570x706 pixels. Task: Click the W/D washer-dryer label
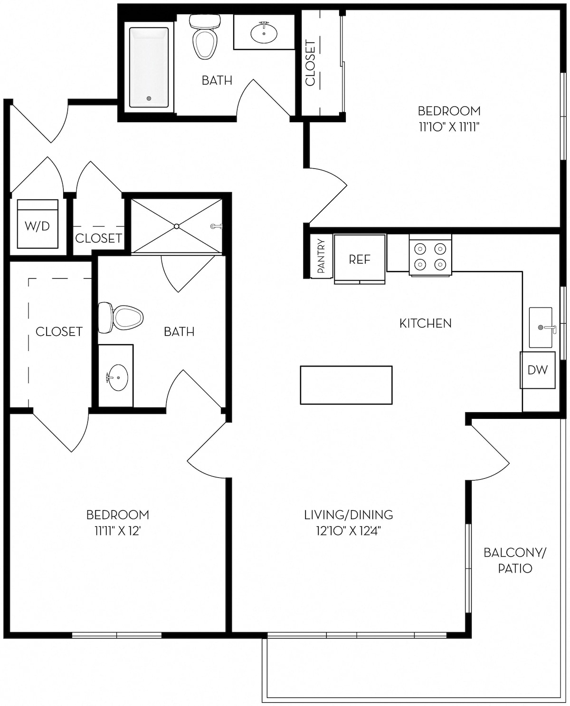point(37,226)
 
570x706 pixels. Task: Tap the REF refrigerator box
point(360,259)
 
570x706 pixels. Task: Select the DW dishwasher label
point(538,370)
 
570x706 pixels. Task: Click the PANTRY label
point(321,256)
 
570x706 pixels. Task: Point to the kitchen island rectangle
point(346,385)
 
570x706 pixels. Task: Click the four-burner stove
point(430,255)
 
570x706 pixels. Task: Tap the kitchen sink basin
point(541,328)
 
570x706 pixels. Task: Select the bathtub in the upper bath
point(149,68)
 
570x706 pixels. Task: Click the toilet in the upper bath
point(205,37)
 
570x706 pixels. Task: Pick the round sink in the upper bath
point(264,33)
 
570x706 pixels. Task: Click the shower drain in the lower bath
point(177,226)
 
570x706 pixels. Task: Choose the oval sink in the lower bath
point(118,377)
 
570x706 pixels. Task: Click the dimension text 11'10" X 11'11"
point(449,127)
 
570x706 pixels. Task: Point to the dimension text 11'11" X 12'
point(118,532)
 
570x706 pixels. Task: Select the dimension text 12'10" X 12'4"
point(349,532)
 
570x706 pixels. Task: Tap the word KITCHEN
point(425,323)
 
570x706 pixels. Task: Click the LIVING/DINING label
point(349,515)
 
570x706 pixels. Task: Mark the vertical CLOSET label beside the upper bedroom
point(310,63)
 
